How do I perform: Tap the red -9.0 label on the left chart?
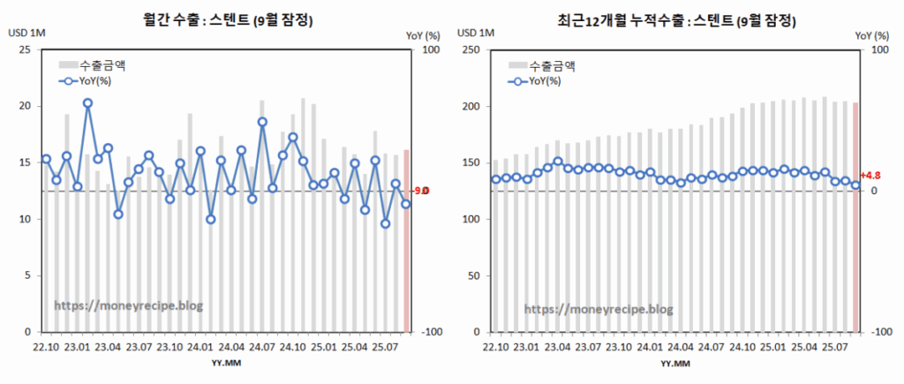click(421, 191)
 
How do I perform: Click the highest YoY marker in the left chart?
click(88, 103)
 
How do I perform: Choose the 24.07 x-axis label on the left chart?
click(262, 347)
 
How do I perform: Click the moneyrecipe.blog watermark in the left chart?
click(129, 305)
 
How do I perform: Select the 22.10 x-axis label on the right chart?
click(495, 347)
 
